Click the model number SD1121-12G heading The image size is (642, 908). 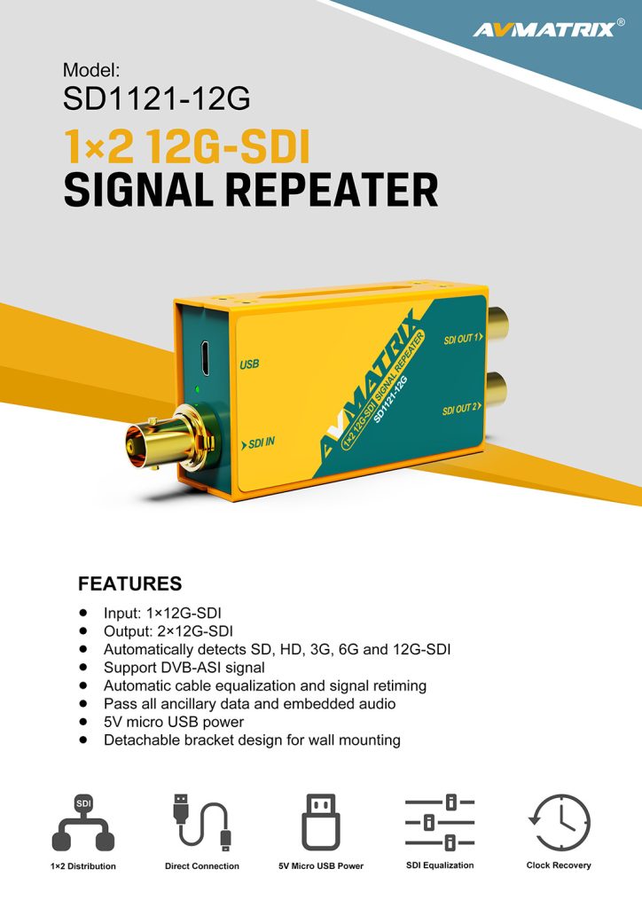[x=156, y=98]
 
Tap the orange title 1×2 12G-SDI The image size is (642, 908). [x=186, y=146]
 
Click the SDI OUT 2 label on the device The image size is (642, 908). [x=462, y=410]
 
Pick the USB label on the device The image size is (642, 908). [x=249, y=364]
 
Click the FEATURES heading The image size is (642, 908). [x=129, y=583]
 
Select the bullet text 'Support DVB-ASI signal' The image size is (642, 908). [x=184, y=667]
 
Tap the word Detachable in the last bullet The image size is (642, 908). [x=137, y=740]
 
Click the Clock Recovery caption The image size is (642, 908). [x=559, y=865]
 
